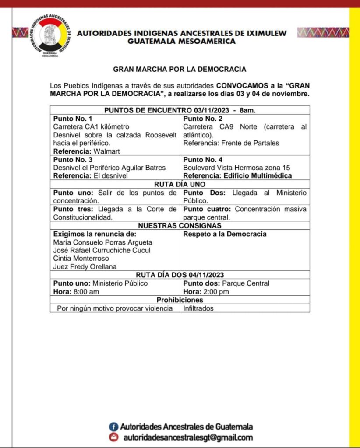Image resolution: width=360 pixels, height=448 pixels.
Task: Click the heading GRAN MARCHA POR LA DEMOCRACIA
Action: (x=180, y=69)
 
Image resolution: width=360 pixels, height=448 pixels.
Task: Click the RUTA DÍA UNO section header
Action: (x=180, y=184)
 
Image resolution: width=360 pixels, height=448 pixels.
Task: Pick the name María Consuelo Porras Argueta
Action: (x=103, y=242)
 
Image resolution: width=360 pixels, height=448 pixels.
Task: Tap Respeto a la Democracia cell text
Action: (x=225, y=234)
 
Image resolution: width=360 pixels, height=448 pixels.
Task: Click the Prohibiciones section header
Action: (x=180, y=300)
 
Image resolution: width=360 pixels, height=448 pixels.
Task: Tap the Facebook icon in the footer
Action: (x=113, y=427)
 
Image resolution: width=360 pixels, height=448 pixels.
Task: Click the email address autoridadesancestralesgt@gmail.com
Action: (x=188, y=437)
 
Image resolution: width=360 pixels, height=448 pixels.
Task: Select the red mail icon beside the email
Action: (x=113, y=437)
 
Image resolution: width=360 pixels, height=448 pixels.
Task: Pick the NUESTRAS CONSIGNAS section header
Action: (x=180, y=225)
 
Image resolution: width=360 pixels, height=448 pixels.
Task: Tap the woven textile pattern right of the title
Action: (x=323, y=33)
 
